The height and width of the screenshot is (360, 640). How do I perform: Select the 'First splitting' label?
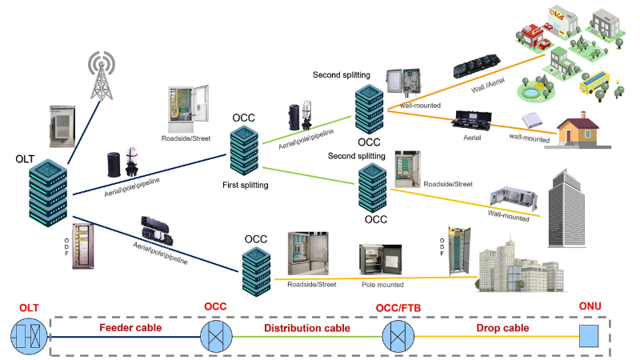pyautogui.click(x=246, y=185)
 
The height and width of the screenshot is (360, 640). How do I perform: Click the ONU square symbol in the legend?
pyautogui.click(x=590, y=337)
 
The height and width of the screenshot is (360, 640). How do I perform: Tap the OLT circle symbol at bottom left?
pyautogui.click(x=28, y=337)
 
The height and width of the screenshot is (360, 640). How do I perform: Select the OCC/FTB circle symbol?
pyautogui.click(x=398, y=337)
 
